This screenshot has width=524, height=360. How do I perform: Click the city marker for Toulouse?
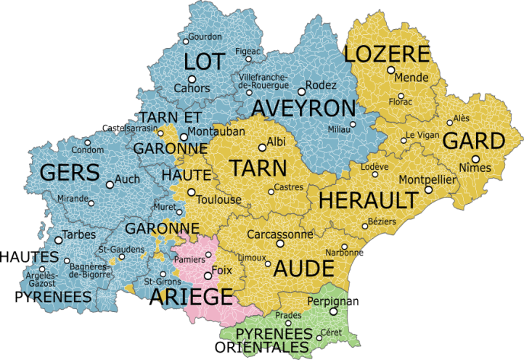[192, 192]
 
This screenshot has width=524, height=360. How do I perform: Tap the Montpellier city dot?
[428, 189]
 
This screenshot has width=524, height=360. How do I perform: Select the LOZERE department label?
[387, 54]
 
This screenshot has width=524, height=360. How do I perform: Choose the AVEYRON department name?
[304, 108]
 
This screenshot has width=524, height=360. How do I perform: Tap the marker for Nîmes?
[475, 159]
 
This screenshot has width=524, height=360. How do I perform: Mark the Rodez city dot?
[300, 92]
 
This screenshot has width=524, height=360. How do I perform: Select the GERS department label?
[70, 173]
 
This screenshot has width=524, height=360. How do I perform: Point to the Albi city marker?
[262, 143]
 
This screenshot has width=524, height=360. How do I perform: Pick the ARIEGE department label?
[191, 296]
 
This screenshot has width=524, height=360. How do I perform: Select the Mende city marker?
[390, 70]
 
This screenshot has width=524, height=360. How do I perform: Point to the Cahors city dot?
[192, 79]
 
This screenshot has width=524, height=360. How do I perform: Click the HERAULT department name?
[368, 200]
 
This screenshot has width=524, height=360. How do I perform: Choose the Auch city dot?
[110, 185]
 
